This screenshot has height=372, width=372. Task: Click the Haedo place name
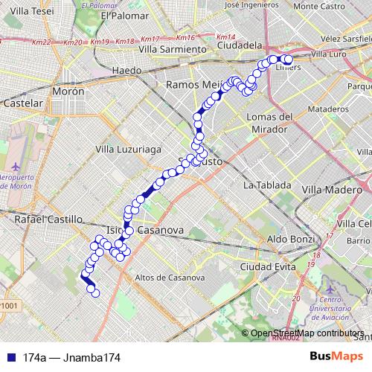[x=125, y=70]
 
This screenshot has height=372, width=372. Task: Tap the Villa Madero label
[x=331, y=190]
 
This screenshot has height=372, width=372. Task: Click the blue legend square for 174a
[x=8, y=358]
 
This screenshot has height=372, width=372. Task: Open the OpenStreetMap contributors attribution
[x=305, y=333]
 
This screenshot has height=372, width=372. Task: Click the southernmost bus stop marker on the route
[x=94, y=293]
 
